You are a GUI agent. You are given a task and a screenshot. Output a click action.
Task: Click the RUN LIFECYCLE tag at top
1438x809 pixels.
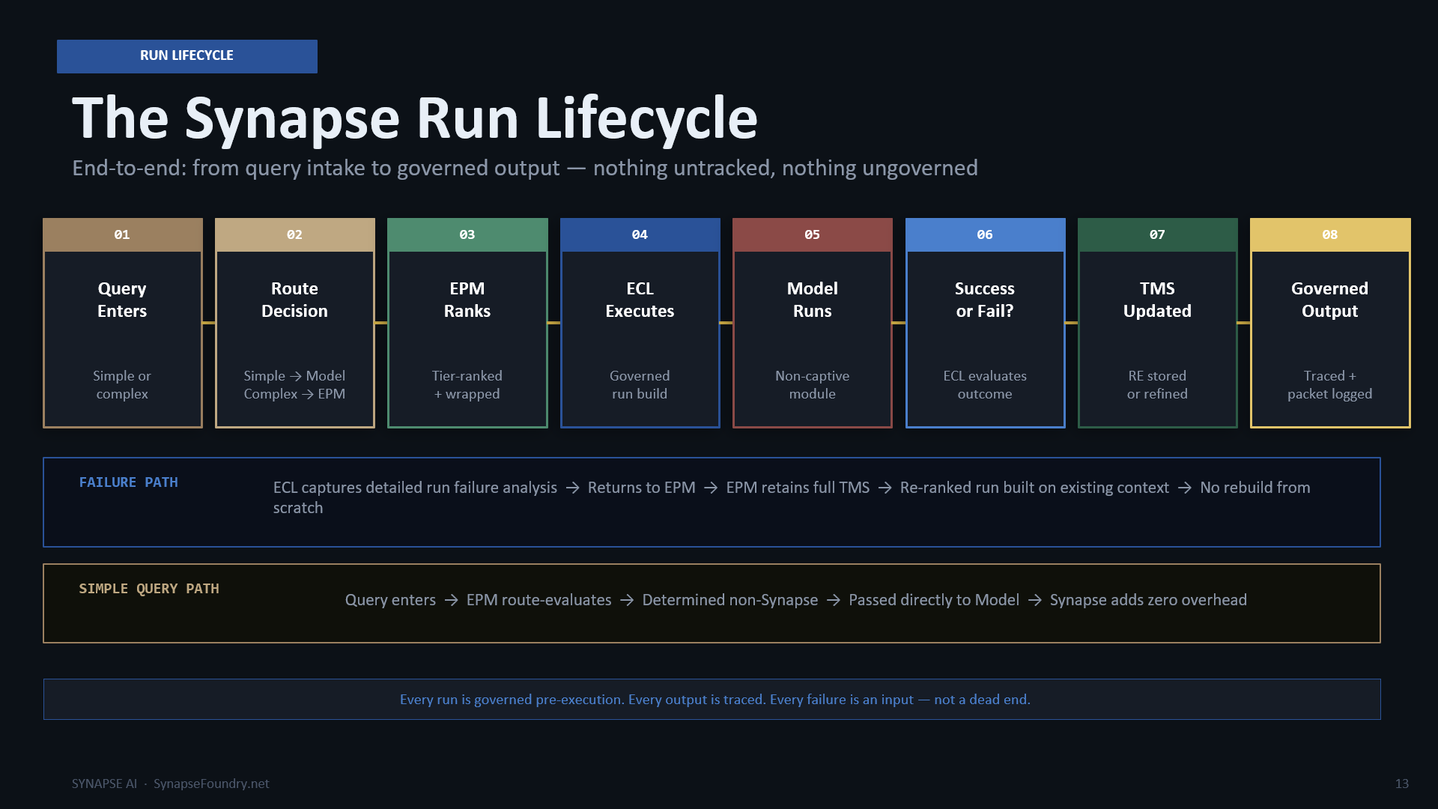[186, 56]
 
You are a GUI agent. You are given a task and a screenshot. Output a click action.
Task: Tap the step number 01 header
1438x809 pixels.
[122, 234]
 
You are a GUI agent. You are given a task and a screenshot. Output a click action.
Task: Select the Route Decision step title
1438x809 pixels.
[294, 300]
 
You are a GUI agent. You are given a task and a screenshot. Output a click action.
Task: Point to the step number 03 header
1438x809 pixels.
[467, 234]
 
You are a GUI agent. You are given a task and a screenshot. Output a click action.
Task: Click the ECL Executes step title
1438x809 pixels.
[640, 300]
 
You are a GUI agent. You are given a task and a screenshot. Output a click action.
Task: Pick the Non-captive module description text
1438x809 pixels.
[812, 385]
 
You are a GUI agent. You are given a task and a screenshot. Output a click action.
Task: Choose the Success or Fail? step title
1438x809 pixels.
[985, 300]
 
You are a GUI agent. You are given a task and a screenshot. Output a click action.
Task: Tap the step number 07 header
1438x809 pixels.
[1157, 234]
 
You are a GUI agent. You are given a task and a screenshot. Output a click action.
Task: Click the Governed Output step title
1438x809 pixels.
[1329, 300]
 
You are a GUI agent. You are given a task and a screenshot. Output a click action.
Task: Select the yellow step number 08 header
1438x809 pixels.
[1330, 234]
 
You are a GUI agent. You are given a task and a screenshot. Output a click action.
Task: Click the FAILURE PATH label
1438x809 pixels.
[129, 482]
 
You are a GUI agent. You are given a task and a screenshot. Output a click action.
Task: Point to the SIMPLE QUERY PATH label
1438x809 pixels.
[149, 589]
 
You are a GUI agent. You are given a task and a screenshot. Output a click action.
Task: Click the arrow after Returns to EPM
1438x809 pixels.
[711, 488]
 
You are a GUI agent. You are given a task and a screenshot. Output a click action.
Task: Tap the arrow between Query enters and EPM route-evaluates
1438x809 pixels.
[451, 600]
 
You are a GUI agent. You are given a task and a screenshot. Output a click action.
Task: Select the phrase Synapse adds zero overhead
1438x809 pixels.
[1148, 600]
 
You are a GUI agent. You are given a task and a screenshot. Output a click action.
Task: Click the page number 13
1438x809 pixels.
[1402, 784]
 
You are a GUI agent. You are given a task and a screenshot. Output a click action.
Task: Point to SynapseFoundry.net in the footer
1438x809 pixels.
[211, 784]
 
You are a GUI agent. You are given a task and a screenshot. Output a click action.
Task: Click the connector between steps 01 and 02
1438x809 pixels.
[209, 323]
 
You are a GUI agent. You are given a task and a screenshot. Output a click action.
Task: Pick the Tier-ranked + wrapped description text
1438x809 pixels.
[467, 385]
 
